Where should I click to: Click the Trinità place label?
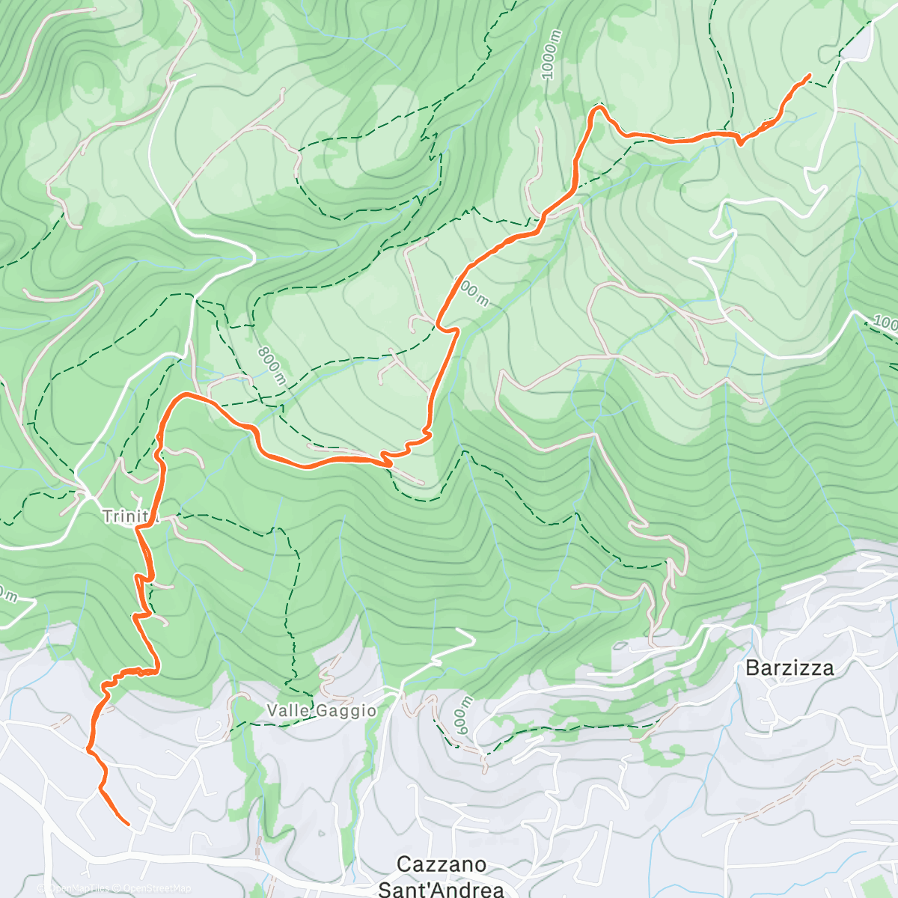[129, 516]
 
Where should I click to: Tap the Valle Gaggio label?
[323, 710]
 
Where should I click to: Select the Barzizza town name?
[789, 668]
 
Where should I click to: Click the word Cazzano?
[441, 864]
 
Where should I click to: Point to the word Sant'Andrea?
[441, 889]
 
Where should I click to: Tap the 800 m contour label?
[271, 366]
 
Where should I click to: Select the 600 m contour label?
[464, 715]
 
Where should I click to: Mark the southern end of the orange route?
[128, 825]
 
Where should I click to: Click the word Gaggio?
[345, 710]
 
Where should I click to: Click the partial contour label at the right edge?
[885, 323]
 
